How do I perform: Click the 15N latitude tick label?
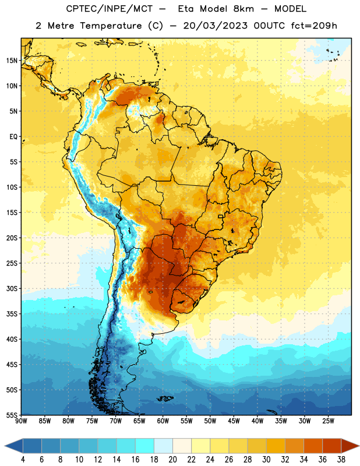(12, 61)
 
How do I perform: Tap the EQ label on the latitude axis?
(13, 137)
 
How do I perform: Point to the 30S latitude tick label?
(12, 288)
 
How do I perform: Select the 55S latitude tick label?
(12, 415)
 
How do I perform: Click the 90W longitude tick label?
(21, 421)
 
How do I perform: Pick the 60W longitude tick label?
(163, 421)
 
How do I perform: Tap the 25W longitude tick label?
(328, 421)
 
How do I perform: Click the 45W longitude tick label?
(234, 421)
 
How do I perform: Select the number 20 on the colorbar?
(172, 460)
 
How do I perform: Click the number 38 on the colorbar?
(341, 460)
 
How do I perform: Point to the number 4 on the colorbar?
(23, 460)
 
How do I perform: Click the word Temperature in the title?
(111, 26)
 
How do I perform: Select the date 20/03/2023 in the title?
(215, 26)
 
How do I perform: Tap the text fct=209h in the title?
(314, 26)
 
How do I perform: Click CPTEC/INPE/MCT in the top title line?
(110, 9)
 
